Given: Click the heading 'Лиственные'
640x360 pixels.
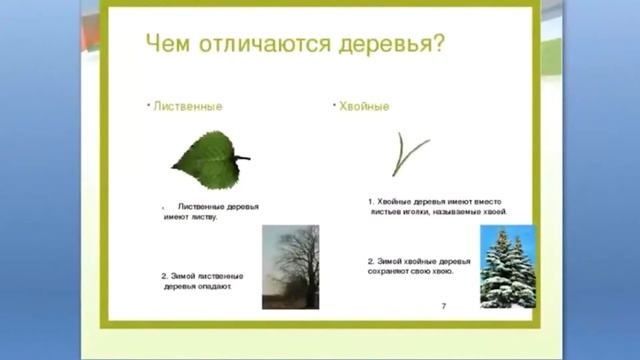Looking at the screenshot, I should [x=187, y=106].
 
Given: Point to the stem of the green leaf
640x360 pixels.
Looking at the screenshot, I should [x=242, y=158].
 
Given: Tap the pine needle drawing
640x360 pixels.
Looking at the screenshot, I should [x=406, y=155].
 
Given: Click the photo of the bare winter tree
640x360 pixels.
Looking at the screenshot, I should [x=290, y=266].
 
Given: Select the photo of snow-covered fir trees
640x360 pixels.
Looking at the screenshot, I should [x=508, y=266].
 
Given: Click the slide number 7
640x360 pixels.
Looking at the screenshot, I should [x=443, y=305].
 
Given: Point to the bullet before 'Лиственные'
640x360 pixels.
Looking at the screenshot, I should [x=147, y=103].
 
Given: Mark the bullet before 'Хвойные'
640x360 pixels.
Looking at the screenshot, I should [x=331, y=103].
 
